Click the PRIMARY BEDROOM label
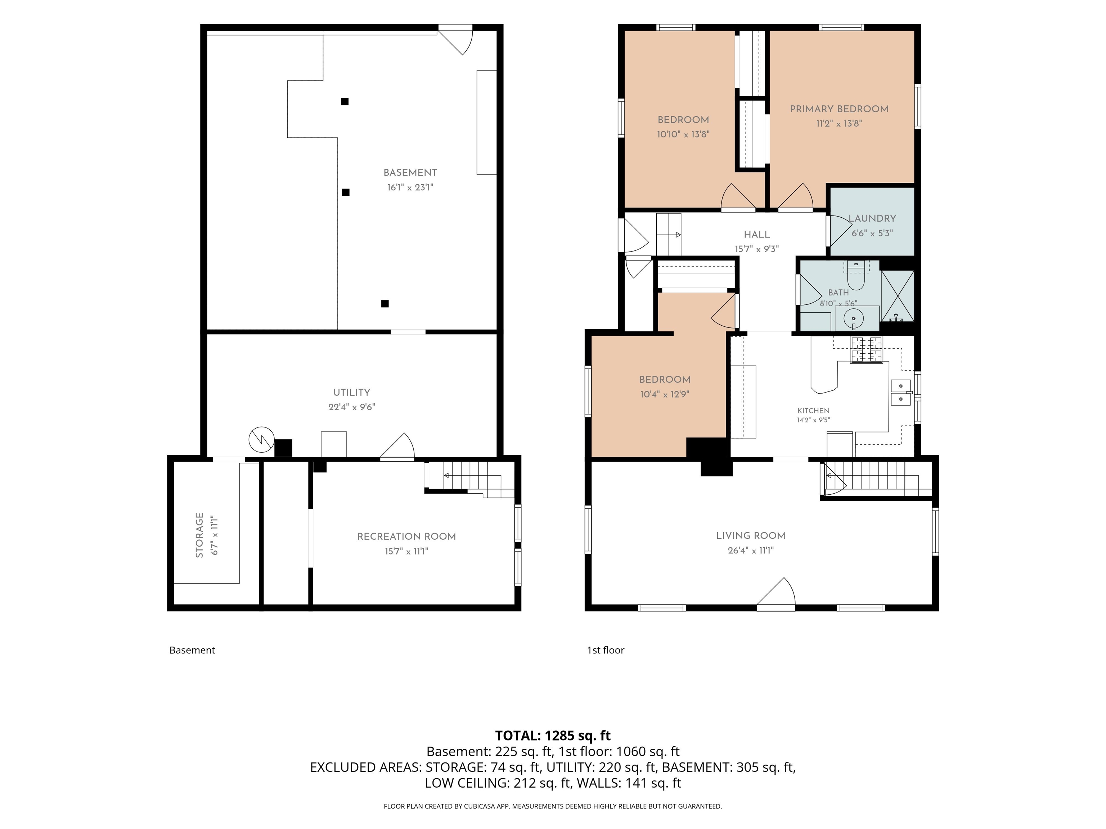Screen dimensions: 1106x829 click(839, 109)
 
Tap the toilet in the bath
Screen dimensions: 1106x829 click(856, 276)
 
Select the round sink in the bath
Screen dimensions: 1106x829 click(854, 317)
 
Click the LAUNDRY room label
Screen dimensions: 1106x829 click(872, 218)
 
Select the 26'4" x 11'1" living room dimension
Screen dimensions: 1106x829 click(751, 551)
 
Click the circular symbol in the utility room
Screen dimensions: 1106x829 click(261, 440)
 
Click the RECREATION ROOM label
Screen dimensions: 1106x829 click(406, 537)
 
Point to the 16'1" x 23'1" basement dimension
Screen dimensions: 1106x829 click(410, 188)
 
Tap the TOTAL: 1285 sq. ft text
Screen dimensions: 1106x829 click(553, 735)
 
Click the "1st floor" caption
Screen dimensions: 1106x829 click(606, 650)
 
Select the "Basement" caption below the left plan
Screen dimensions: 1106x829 click(192, 650)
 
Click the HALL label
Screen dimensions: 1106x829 click(756, 234)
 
